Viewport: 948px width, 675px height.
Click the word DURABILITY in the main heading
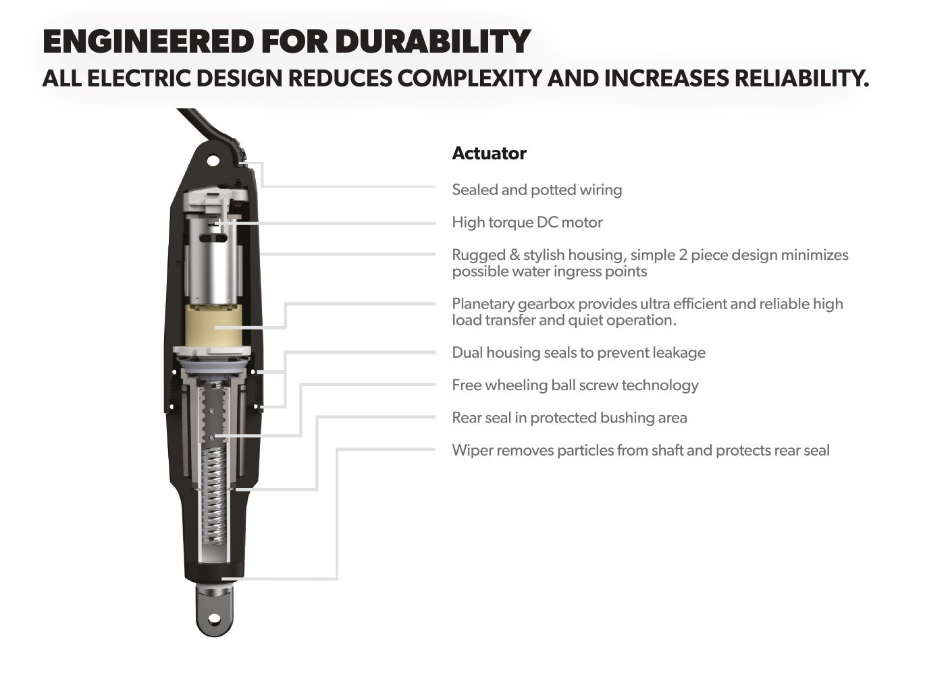(x=432, y=42)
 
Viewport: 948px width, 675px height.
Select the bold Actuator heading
(x=489, y=153)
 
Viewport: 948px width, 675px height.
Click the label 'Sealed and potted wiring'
(x=537, y=190)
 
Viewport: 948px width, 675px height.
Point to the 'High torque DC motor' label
(x=527, y=222)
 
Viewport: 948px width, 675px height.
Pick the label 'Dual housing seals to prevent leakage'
(x=579, y=352)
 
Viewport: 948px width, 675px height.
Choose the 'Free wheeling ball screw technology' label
(x=575, y=385)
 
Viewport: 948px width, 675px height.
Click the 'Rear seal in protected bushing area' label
(x=569, y=418)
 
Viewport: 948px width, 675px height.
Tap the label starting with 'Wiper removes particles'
(x=640, y=450)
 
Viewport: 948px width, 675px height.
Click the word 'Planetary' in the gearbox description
(x=482, y=304)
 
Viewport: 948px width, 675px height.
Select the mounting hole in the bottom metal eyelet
(x=215, y=618)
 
